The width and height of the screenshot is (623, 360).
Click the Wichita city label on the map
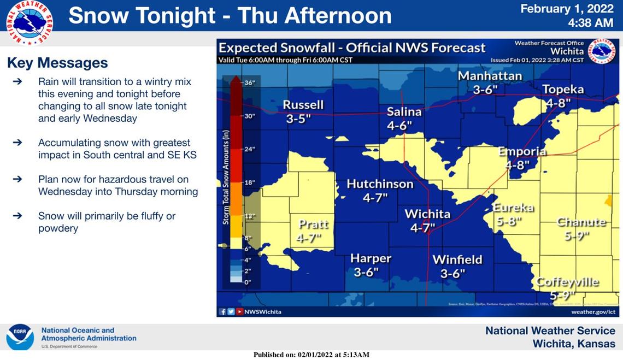[427, 214]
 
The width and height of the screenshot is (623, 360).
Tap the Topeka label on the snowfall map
[563, 89]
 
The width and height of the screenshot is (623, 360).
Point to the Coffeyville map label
[567, 282]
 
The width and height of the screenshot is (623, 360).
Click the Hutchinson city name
[380, 184]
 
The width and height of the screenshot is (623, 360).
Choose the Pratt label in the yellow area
[313, 224]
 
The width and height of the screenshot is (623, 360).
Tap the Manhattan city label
[490, 76]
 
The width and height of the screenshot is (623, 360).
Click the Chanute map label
[581, 222]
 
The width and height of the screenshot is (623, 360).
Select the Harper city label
[371, 258]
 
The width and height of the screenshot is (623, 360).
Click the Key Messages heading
[57, 63]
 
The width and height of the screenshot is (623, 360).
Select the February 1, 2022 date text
[567, 9]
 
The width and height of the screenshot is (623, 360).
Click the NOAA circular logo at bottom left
[20, 337]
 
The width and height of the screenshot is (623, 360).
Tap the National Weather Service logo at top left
[30, 22]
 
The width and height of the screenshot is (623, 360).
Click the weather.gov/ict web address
[593, 311]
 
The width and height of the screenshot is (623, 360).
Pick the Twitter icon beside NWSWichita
[231, 311]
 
